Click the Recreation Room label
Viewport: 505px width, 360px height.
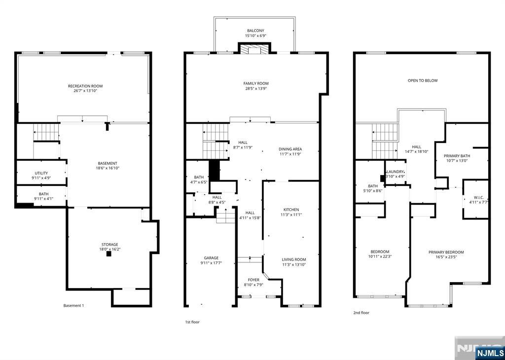85,86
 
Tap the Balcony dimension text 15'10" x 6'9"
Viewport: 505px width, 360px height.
256,36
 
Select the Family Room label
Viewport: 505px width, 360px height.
256,83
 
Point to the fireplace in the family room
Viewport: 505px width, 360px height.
254,49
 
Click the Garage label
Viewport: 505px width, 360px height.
211,257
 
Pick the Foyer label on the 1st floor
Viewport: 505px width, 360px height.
253,280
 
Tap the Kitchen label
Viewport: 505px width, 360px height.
291,210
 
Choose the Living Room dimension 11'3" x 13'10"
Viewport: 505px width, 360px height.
294,265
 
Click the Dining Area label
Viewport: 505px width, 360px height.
290,149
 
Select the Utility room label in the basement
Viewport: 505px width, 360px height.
41,173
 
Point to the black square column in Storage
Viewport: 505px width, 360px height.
109,254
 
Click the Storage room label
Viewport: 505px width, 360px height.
110,245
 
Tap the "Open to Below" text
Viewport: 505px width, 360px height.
423,80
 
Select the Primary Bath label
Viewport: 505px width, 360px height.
457,156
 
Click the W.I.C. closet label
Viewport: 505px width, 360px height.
478,197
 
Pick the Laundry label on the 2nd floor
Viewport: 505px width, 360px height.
395,172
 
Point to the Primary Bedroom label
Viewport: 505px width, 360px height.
446,252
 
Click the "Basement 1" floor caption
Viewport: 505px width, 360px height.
73,306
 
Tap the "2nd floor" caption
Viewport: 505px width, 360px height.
361,313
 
